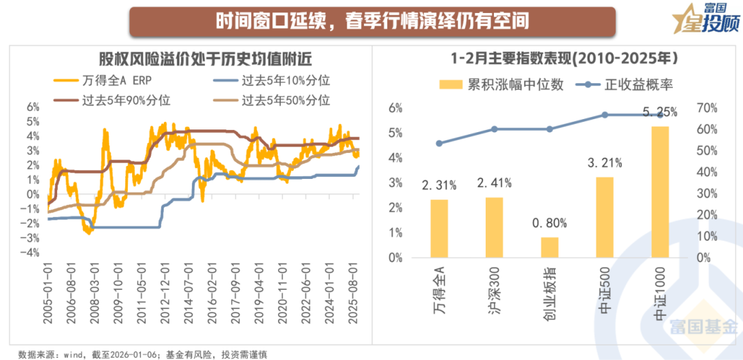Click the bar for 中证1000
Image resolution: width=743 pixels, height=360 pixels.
pyautogui.click(x=660, y=192)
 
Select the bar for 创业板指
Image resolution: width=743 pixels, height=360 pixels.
pyautogui.click(x=549, y=247)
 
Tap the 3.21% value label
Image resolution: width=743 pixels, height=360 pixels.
pyautogui.click(x=604, y=163)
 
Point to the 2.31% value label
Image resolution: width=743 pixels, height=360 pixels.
pyautogui.click(x=438, y=185)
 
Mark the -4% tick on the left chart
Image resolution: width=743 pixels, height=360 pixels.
pyautogui.click(x=32, y=253)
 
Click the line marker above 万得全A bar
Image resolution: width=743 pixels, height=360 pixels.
pyautogui.click(x=439, y=143)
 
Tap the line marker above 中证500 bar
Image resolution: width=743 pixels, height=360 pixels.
pyautogui.click(x=605, y=115)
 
